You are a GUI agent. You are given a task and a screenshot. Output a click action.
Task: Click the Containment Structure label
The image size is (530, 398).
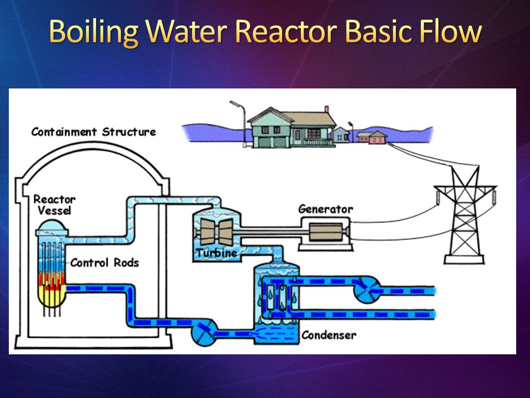pyautogui.click(x=94, y=132)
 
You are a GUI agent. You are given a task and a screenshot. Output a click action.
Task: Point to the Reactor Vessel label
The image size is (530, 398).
pyautogui.click(x=55, y=205)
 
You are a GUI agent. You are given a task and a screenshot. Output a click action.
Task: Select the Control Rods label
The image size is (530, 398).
pyautogui.click(x=104, y=263)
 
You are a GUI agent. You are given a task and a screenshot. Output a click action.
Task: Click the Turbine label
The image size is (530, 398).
pyautogui.click(x=216, y=253)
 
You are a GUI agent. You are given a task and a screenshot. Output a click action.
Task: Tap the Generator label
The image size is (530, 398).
pyautogui.click(x=326, y=209)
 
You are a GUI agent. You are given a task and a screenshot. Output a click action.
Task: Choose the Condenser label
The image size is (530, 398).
pyautogui.click(x=329, y=335)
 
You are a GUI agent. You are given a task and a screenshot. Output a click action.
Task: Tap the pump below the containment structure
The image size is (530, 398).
pyautogui.click(x=204, y=333)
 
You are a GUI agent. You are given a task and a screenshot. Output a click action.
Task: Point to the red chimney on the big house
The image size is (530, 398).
pyautogui.click(x=326, y=109)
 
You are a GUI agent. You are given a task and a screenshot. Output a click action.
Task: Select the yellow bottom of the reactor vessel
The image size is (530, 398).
pyautogui.click(x=52, y=298)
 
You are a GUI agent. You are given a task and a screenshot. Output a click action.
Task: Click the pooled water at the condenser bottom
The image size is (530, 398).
pyautogui.click(x=276, y=333)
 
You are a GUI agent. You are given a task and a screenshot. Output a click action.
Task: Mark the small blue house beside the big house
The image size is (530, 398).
pyautogui.click(x=341, y=135)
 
